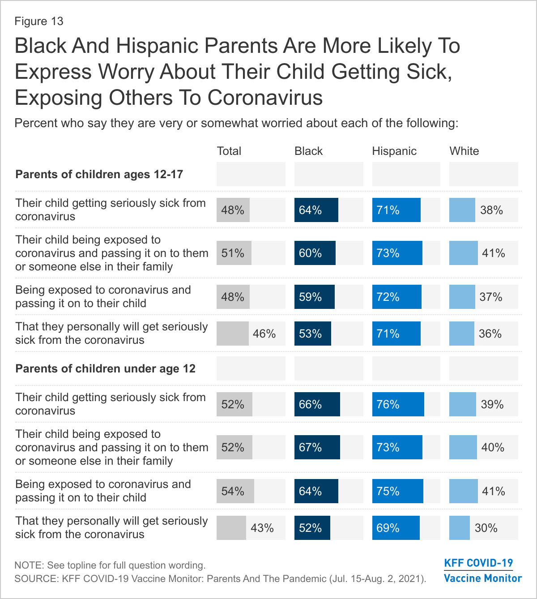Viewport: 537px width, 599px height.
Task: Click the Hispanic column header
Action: tap(394, 151)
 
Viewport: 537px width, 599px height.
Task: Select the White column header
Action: tap(464, 151)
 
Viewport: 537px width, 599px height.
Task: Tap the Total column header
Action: tap(229, 151)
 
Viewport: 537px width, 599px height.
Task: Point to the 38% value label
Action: tap(491, 210)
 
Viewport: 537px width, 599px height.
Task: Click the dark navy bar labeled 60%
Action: tap(315, 253)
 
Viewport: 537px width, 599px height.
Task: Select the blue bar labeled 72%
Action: tap(396, 297)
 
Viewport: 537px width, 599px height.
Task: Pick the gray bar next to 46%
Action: tap(233, 334)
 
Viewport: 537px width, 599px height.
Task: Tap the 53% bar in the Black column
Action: tap(313, 334)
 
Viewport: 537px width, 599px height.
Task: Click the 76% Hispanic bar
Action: tap(398, 405)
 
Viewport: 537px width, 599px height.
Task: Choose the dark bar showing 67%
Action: tap(317, 448)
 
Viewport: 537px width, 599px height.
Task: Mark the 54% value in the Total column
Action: tap(233, 492)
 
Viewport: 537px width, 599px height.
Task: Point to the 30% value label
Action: tap(486, 528)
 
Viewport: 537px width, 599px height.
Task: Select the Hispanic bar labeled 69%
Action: tap(396, 528)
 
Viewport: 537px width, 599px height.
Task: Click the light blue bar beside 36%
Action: tap(462, 334)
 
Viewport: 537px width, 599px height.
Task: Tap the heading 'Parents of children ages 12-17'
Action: tap(99, 175)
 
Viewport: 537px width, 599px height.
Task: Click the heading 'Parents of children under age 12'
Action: tap(106, 369)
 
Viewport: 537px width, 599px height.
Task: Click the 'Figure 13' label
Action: tap(39, 21)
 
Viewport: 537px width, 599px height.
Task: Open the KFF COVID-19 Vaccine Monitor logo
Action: tap(482, 571)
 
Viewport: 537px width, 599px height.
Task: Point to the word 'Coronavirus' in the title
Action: tap(265, 98)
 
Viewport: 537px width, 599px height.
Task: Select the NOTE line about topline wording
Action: tap(110, 565)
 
